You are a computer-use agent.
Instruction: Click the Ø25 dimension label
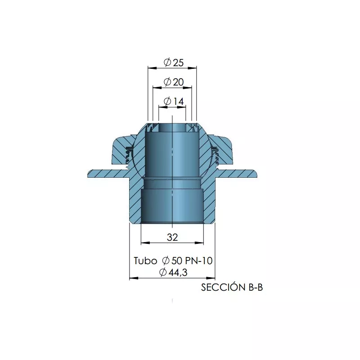click(x=174, y=62)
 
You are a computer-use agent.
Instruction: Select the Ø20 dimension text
click(x=174, y=82)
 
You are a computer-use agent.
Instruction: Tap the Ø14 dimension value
click(x=174, y=101)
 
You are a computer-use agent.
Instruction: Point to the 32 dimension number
click(x=172, y=237)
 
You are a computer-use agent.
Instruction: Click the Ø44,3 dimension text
click(x=173, y=272)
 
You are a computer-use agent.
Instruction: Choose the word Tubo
click(x=145, y=261)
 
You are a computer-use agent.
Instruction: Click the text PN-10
click(x=199, y=261)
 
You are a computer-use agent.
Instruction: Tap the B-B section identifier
click(x=256, y=288)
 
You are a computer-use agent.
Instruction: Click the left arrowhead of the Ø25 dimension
click(x=152, y=68)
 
